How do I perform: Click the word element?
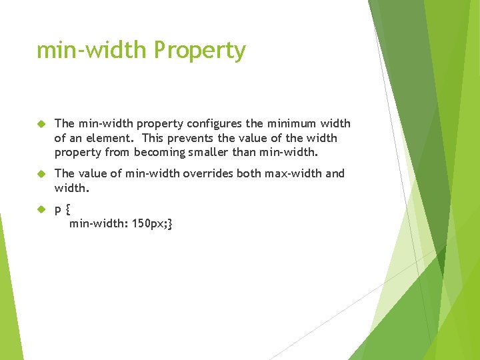(110, 138)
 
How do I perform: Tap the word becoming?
(159, 152)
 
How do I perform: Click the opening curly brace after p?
(68, 209)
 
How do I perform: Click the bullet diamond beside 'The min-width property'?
(41, 124)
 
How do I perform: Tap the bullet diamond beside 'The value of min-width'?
(41, 174)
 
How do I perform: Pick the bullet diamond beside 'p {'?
(41, 209)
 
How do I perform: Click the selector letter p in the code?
(58, 210)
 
